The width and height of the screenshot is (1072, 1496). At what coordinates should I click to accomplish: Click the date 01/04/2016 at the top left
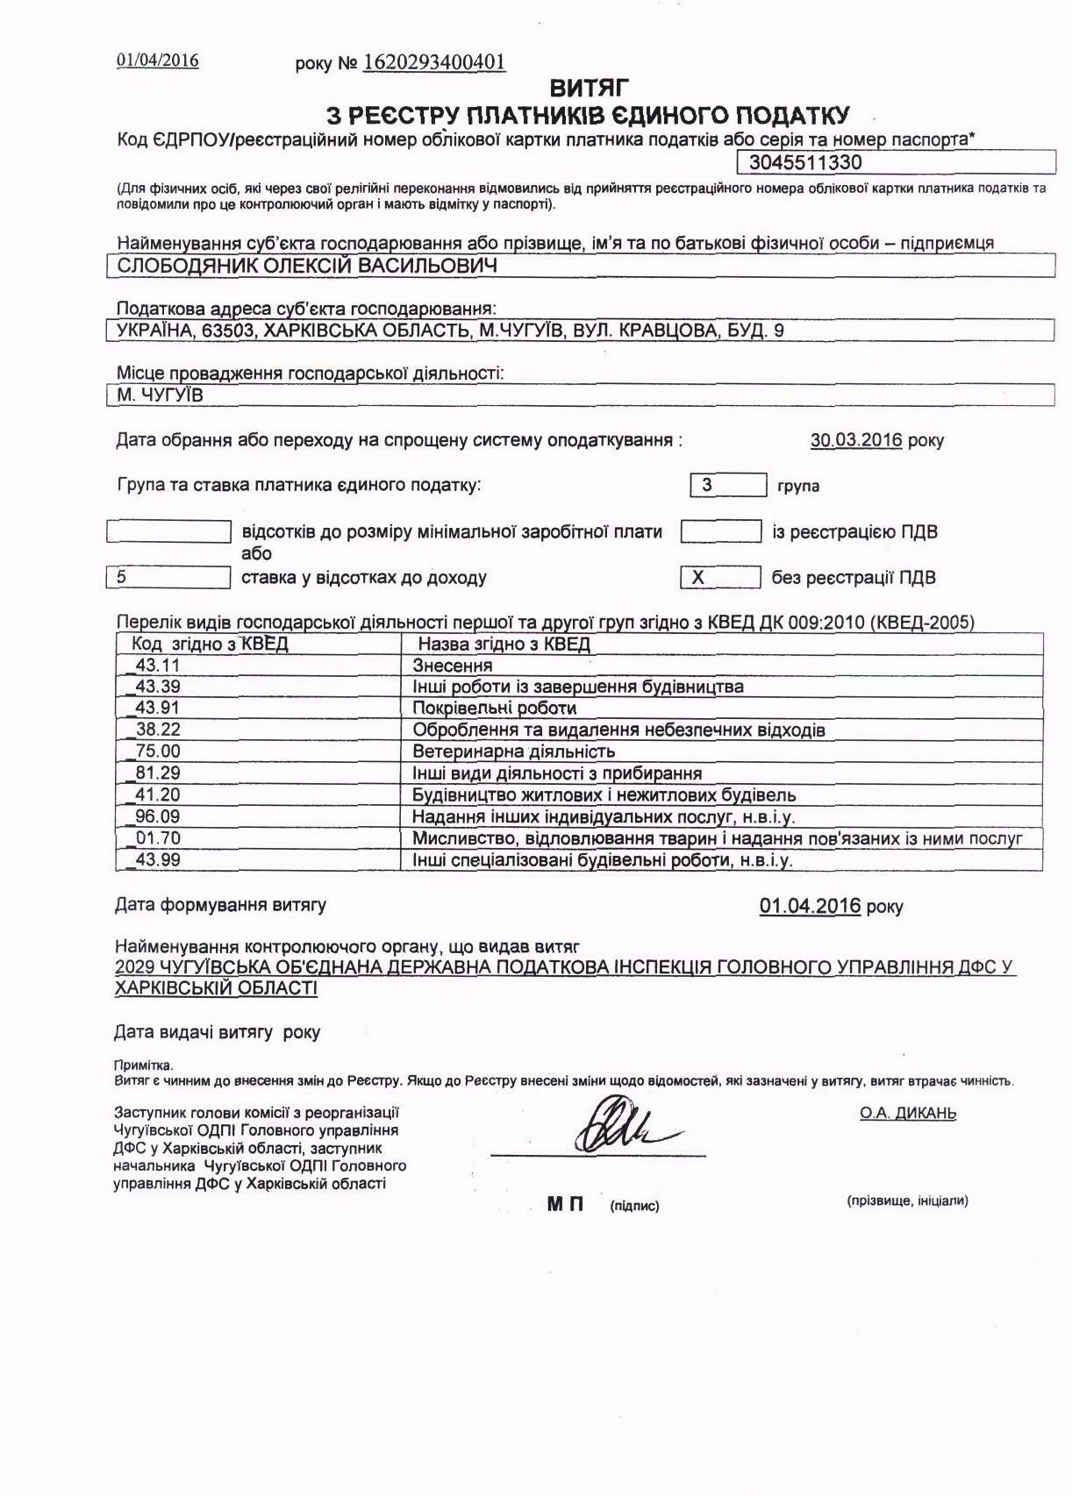[x=158, y=61]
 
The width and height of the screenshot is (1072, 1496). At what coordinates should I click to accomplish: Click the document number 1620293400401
[x=434, y=62]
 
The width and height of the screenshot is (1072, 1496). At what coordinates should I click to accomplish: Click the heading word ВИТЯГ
[x=590, y=88]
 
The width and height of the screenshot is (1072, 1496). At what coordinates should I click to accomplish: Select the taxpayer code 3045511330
[x=805, y=162]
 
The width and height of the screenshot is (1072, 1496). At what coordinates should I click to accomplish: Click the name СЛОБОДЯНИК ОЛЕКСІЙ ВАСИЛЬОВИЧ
[x=307, y=266]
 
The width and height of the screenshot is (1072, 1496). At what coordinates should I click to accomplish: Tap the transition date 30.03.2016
[x=855, y=440]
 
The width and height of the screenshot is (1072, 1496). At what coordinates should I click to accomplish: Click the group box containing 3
[x=728, y=484]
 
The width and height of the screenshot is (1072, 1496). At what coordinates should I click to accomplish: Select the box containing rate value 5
[x=168, y=577]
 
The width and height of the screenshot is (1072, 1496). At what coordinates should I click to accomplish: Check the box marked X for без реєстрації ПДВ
[x=720, y=577]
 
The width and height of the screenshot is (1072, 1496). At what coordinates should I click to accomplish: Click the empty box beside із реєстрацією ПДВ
[x=720, y=531]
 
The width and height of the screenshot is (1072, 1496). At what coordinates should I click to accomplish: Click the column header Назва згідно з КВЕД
[x=504, y=645]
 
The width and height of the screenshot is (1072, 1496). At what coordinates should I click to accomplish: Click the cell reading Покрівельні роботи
[x=495, y=708]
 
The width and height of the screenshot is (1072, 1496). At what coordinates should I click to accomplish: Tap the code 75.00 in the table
[x=158, y=751]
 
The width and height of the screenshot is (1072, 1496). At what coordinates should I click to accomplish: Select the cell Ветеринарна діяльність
[x=514, y=752]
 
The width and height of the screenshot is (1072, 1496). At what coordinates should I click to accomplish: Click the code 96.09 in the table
[x=158, y=816]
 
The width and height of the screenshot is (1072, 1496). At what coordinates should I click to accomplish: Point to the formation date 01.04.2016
[x=811, y=906]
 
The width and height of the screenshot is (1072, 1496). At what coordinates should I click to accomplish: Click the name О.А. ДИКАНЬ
[x=908, y=1114]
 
